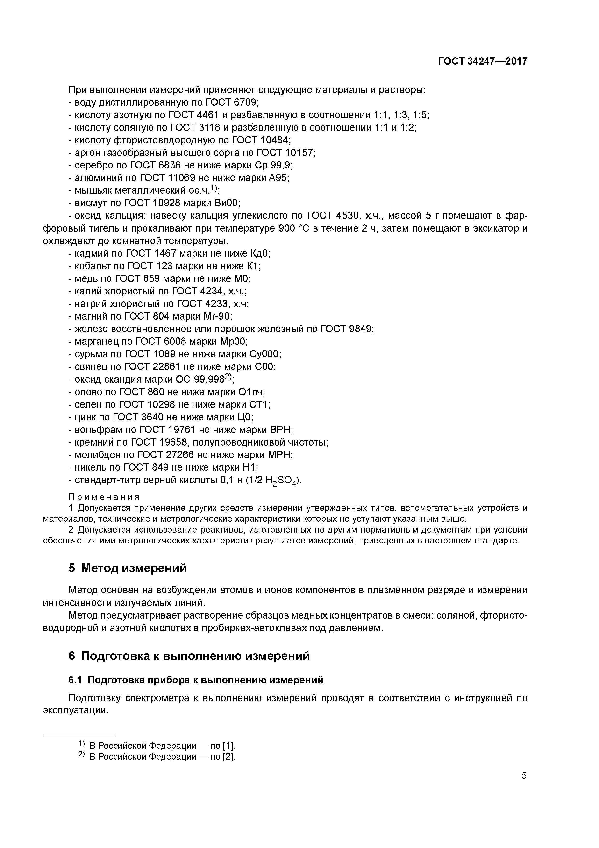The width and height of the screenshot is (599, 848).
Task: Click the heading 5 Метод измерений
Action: coord(127,568)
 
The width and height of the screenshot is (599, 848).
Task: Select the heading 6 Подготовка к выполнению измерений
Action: coord(189,656)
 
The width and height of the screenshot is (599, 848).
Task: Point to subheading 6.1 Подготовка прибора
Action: coord(196,680)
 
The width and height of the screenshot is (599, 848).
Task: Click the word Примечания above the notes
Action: coord(104,497)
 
